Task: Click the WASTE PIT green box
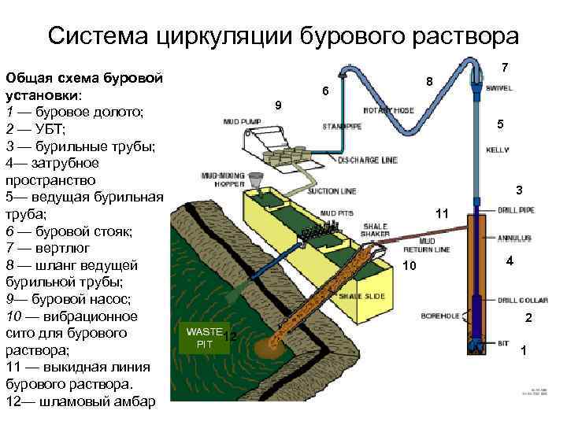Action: [204, 338]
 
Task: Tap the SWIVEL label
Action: [498, 89]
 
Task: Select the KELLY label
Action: [497, 149]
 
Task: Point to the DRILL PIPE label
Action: [516, 210]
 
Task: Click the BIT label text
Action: [502, 344]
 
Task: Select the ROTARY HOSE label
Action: [388, 110]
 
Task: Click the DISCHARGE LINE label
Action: [368, 161]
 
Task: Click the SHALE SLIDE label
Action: [361, 297]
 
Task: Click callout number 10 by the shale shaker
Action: [409, 266]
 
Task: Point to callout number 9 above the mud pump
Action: [277, 105]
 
